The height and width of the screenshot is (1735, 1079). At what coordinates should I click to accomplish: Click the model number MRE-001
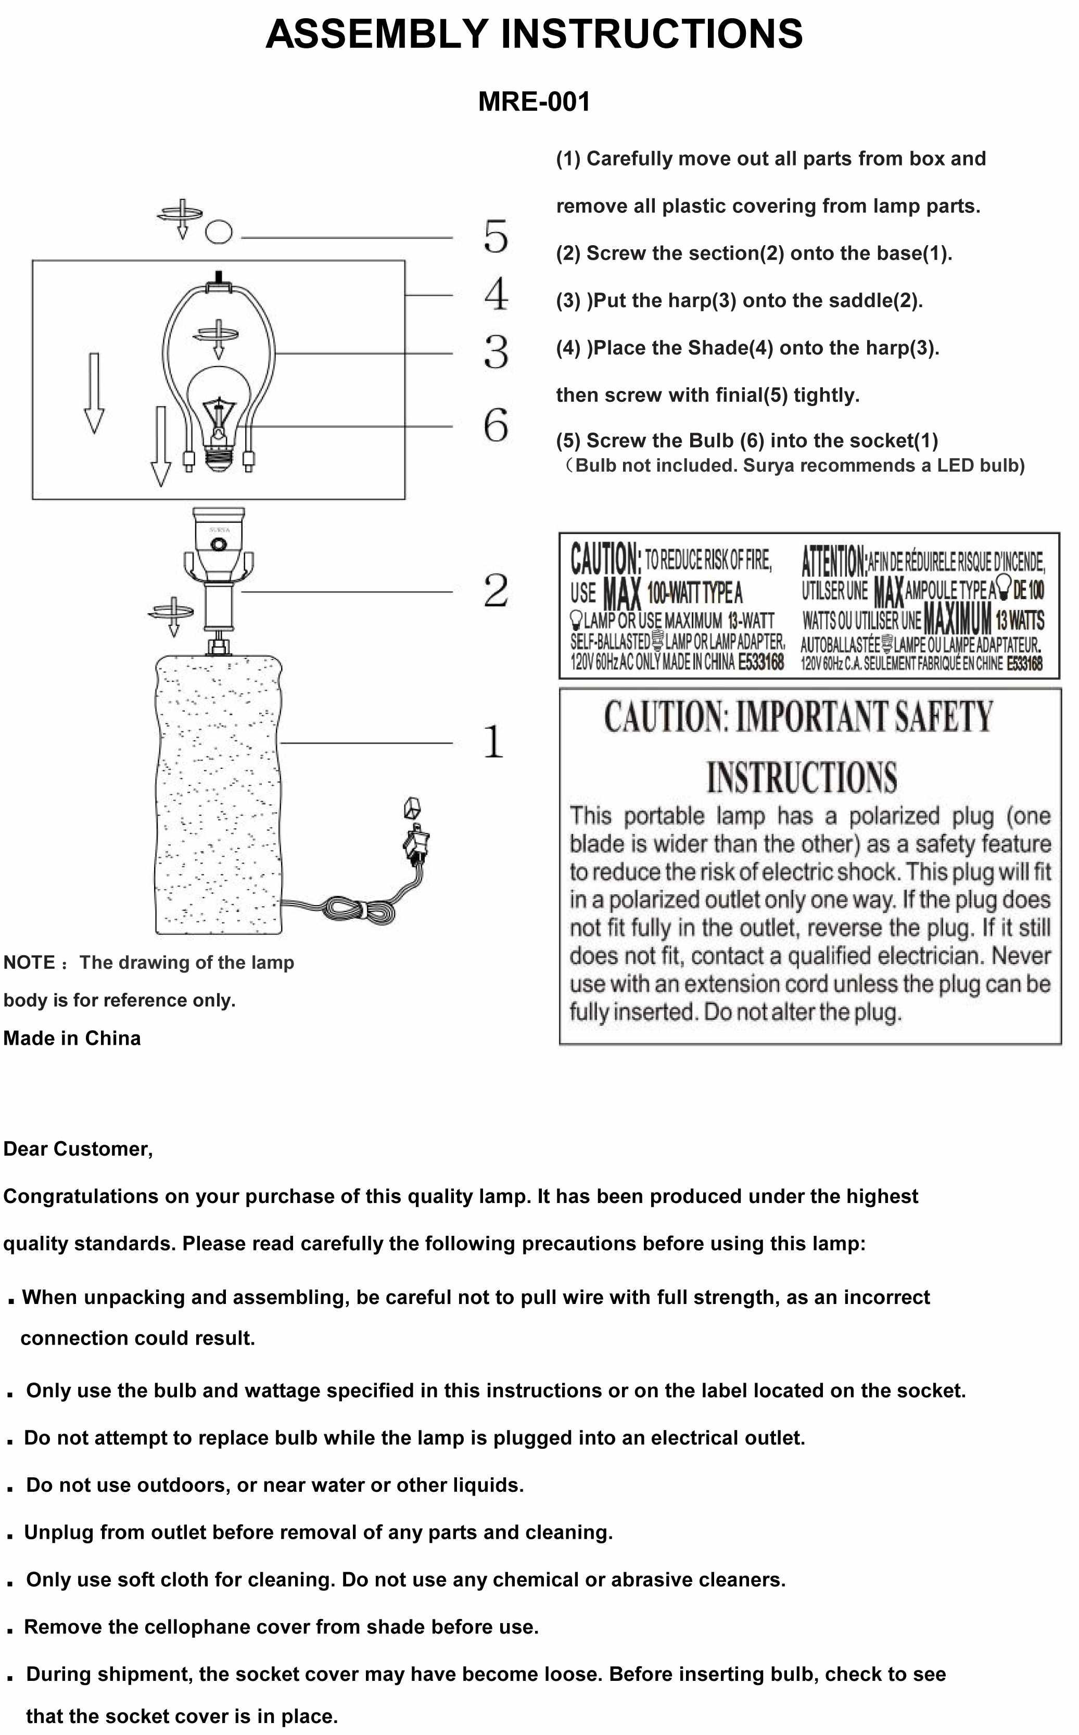pos(534,102)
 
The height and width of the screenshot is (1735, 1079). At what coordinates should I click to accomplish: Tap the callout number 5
pos(496,236)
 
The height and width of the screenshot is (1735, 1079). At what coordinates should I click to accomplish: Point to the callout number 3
pos(496,352)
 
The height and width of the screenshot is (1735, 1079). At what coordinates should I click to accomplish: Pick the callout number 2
pos(496,590)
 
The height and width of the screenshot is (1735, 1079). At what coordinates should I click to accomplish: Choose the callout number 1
pos(494,742)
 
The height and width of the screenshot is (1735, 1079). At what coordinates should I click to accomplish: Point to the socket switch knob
pos(219,545)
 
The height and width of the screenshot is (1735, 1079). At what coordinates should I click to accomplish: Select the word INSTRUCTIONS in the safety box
pos(802,777)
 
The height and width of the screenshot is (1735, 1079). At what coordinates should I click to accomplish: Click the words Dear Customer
pos(78,1148)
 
